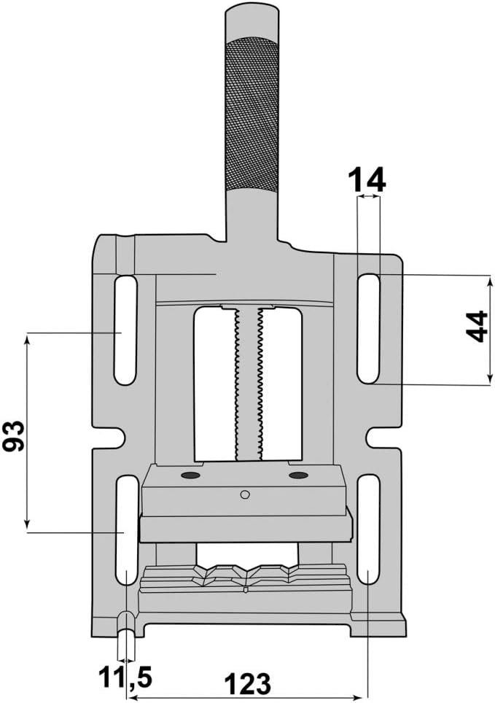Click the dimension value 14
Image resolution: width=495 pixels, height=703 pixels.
(367, 179)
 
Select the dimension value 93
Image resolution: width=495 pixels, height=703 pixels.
(15, 435)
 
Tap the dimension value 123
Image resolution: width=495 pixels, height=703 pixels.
(246, 683)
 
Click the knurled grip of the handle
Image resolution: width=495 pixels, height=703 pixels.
(252, 113)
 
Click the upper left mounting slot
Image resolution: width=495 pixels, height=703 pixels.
(125, 330)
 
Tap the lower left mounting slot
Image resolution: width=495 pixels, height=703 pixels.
(127, 529)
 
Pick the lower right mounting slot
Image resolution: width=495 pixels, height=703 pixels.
(368, 529)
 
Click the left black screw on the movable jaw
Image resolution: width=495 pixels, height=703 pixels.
(191, 475)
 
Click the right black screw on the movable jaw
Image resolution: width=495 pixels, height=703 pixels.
(298, 475)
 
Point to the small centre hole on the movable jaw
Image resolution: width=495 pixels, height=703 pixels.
(245, 494)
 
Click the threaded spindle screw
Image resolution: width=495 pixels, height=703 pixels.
(248, 383)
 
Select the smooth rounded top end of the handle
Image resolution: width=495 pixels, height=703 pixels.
(252, 18)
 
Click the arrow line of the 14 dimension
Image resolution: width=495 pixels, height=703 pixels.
(368, 196)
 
